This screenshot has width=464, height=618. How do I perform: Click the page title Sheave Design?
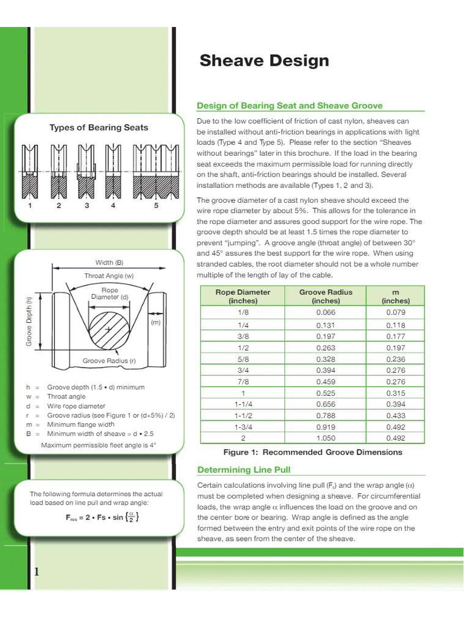coord(264,61)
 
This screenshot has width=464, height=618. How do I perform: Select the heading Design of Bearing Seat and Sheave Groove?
coord(289,106)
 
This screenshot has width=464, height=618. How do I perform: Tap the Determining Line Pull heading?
coord(244,470)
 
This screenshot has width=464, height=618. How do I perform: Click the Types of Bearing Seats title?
coord(98,127)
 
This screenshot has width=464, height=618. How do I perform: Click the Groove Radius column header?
coord(326,296)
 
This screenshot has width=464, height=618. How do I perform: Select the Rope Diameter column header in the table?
coord(243,296)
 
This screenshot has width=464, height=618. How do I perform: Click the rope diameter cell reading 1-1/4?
coord(243,405)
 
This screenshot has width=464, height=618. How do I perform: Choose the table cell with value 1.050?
coord(326,439)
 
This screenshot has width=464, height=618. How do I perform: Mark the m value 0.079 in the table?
coord(395,313)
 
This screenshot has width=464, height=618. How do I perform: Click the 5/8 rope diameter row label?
coord(243,359)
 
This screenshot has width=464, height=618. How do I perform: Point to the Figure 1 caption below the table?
coord(312,452)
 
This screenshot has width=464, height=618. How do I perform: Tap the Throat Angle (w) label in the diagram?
coord(108,276)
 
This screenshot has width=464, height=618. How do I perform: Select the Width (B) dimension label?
coord(109,263)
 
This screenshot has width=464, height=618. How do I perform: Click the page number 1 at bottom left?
coord(36,572)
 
